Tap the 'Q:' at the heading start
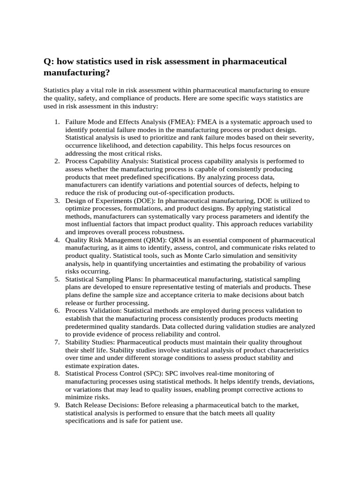pos(49,61)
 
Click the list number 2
pos(56,161)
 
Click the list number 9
pos(56,405)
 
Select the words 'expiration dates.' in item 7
pos(116,365)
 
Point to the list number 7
pos(56,342)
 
